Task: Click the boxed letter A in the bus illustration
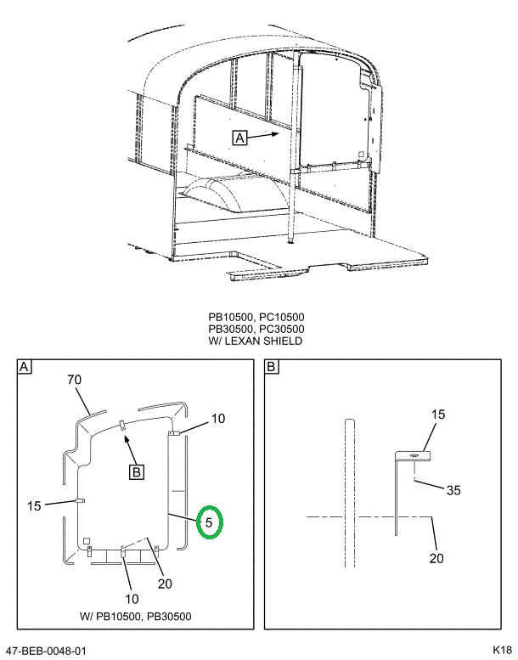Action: (239, 138)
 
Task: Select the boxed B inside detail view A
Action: (137, 471)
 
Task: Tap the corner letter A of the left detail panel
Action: (24, 367)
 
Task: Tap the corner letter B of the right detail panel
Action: (271, 367)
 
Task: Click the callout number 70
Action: (74, 380)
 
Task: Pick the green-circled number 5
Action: (209, 522)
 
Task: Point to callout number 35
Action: (453, 490)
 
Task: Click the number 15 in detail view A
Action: (34, 505)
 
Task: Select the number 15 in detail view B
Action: (437, 415)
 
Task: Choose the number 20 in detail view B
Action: (436, 558)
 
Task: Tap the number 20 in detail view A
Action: (165, 584)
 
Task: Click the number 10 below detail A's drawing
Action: (132, 599)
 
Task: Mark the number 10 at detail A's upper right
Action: (218, 419)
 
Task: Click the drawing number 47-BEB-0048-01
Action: (46, 651)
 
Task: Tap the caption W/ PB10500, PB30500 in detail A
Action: (136, 617)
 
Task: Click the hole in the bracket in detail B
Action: (414, 455)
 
